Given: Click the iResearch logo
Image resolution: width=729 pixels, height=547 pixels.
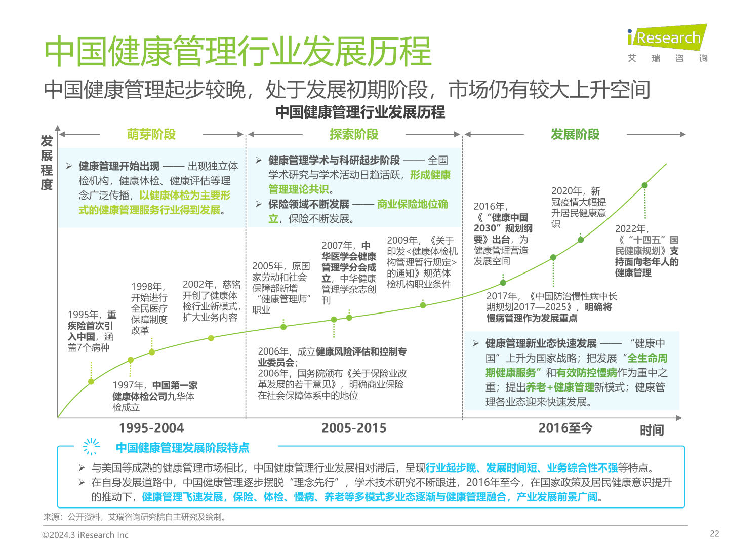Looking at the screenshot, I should click(x=667, y=38).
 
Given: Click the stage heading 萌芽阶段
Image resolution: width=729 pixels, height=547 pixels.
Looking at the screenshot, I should click(x=151, y=134).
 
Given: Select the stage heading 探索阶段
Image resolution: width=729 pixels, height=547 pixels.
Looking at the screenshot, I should click(x=354, y=134).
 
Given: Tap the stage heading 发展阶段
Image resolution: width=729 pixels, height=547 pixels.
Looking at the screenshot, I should click(x=575, y=134).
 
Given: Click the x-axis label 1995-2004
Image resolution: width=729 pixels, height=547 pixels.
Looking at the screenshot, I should click(x=151, y=428).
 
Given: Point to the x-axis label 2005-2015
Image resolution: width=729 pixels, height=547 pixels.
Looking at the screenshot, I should click(x=354, y=428).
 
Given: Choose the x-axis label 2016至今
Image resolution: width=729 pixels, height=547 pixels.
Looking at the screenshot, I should click(x=565, y=428).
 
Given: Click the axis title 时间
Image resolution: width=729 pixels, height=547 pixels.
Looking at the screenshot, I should click(x=652, y=431).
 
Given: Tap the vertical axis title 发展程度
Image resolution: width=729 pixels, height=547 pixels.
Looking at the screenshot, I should click(x=47, y=163).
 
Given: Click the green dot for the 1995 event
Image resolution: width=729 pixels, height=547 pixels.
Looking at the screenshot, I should click(x=91, y=381).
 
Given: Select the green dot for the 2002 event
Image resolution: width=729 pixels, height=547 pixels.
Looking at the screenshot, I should click(x=211, y=338).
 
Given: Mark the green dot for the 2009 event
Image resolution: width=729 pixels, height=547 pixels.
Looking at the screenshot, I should click(x=423, y=305).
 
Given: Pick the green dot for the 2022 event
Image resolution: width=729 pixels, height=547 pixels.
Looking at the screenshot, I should click(x=644, y=185).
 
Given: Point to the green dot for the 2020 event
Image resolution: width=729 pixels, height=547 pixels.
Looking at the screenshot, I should click(x=581, y=240).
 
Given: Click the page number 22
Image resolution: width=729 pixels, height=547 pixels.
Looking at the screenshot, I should click(x=714, y=533).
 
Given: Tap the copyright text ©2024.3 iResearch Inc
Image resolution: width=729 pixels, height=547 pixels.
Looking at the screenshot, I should click(x=85, y=535).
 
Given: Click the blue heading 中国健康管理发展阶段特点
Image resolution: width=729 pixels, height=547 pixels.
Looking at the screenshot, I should click(x=182, y=448).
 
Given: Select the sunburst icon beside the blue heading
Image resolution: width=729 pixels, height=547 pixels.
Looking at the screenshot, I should click(x=91, y=446).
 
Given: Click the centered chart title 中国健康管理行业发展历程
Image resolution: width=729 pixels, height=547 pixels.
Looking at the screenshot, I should click(x=360, y=112).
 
